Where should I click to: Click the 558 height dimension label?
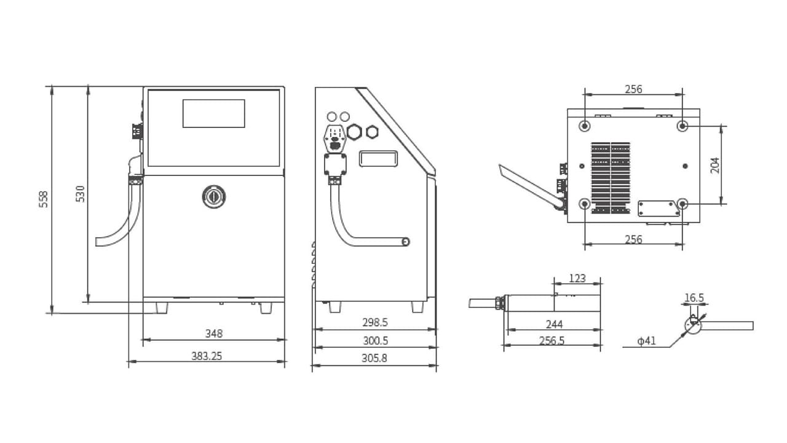(44, 199)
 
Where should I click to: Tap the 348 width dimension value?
(213, 333)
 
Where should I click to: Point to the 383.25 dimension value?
(207, 356)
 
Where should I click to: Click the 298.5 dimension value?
(375, 322)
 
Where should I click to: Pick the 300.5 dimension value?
(375, 340)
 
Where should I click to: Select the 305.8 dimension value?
(375, 357)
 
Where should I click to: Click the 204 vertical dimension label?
(715, 165)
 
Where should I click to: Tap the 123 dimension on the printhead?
(577, 278)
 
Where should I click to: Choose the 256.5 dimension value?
(552, 340)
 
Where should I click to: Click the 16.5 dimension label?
(694, 298)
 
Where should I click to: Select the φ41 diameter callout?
(647, 341)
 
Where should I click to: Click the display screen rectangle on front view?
(213, 113)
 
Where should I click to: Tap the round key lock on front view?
(213, 196)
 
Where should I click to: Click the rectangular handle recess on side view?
(378, 158)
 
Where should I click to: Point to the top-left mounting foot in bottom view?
(585, 126)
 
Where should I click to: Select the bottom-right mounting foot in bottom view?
(682, 204)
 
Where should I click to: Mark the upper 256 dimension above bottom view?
(633, 89)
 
